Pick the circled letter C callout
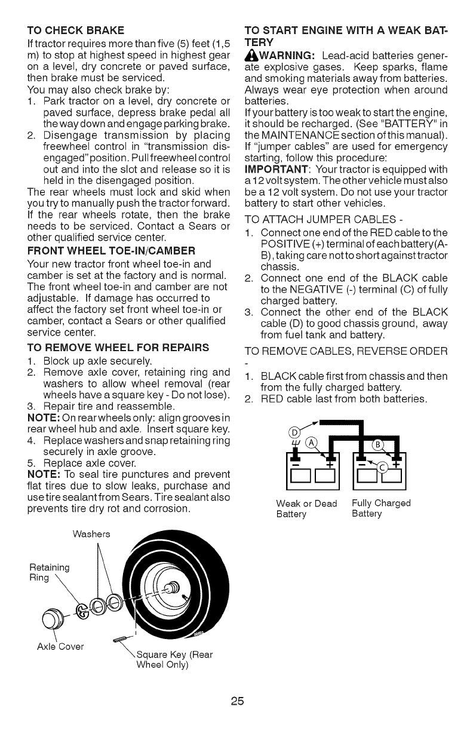tap(380, 468)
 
